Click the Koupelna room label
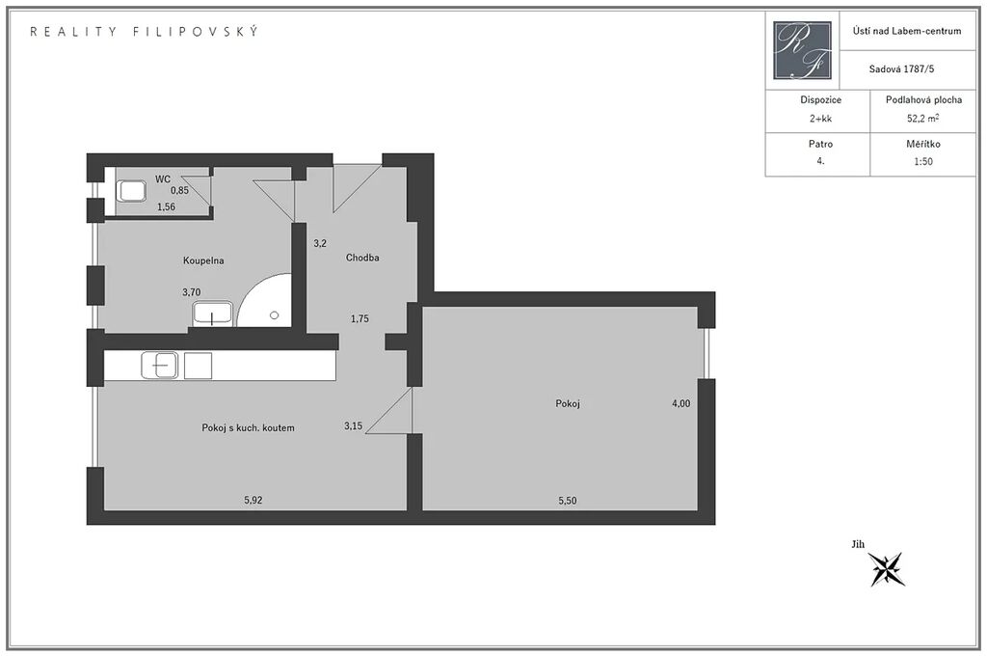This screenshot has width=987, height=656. pyautogui.click(x=203, y=260)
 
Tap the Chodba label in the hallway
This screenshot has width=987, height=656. pyautogui.click(x=362, y=258)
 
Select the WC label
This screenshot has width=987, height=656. pyautogui.click(x=162, y=179)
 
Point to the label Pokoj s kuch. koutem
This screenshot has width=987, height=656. pyautogui.click(x=248, y=427)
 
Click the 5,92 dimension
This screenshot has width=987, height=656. pyautogui.click(x=253, y=501)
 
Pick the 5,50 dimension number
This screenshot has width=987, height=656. pyautogui.click(x=567, y=501)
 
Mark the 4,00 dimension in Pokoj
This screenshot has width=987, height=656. pyautogui.click(x=681, y=404)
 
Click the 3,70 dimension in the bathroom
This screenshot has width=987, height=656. pyautogui.click(x=192, y=292)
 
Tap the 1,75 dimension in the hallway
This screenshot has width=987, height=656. pyautogui.click(x=360, y=319)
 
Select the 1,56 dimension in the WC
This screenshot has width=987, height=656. pyautogui.click(x=166, y=206)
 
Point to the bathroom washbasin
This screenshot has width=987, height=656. pyautogui.click(x=213, y=314)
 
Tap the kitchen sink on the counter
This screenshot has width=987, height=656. pyautogui.click(x=160, y=366)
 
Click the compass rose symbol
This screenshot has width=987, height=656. pyautogui.click(x=887, y=569)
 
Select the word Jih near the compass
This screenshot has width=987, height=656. pyautogui.click(x=858, y=544)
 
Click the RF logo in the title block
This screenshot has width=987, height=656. pyautogui.click(x=802, y=50)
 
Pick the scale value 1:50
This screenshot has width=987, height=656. pyautogui.click(x=923, y=161)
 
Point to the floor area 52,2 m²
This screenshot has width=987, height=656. pyautogui.click(x=923, y=118)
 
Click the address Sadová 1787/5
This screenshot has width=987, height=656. pyautogui.click(x=901, y=69)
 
